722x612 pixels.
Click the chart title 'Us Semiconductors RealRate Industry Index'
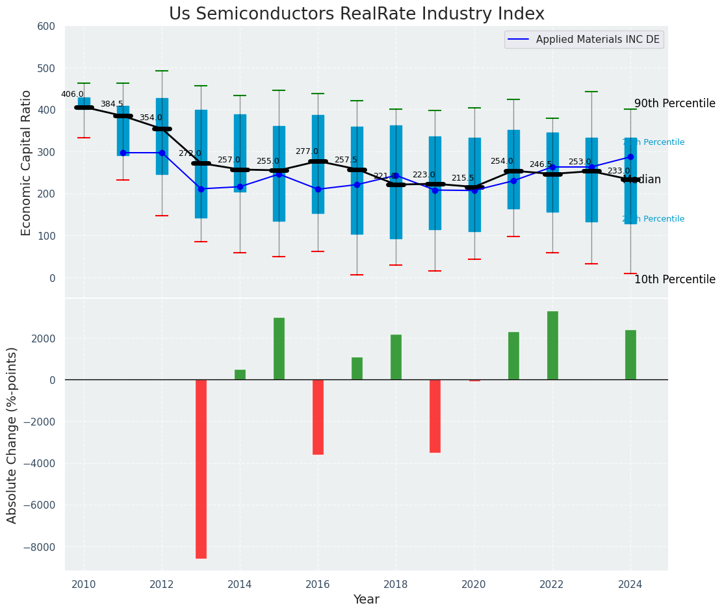(x=356, y=14)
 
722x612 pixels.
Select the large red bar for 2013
(x=201, y=468)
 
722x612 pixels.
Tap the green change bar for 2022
(x=552, y=345)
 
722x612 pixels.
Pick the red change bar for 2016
(x=318, y=416)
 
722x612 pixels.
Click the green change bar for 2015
(x=279, y=348)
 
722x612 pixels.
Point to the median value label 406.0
(x=72, y=94)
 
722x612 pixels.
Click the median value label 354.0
(x=151, y=118)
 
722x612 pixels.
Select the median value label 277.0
(x=307, y=151)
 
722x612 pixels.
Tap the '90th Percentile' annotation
(x=675, y=104)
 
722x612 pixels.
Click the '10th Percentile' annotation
(x=675, y=279)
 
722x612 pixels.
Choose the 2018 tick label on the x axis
(x=396, y=585)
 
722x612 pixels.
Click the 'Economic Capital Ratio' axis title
(x=27, y=162)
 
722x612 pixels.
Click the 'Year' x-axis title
(x=366, y=600)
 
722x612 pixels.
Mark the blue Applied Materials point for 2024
(x=630, y=157)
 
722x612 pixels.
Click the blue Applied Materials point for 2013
(x=201, y=189)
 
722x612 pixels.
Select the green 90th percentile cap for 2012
(x=162, y=71)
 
